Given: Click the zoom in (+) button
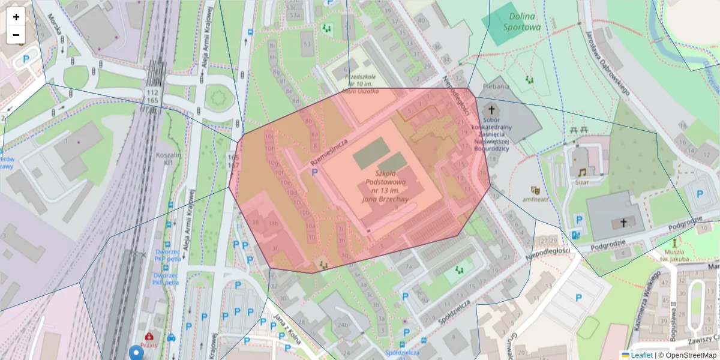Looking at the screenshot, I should coord(16,17).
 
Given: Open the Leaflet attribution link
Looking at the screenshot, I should coord(641,355).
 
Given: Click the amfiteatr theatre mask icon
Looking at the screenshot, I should coord(535,190).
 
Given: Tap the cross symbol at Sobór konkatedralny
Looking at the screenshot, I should coord(492,110).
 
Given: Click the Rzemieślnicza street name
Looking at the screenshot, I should coord(329,152).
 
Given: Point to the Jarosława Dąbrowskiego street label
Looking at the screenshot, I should coord(608,63).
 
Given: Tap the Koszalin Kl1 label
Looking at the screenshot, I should coord(164,158).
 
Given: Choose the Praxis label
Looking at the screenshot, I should coord(149,345).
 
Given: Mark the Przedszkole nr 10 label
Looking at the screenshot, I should coord(360,83).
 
